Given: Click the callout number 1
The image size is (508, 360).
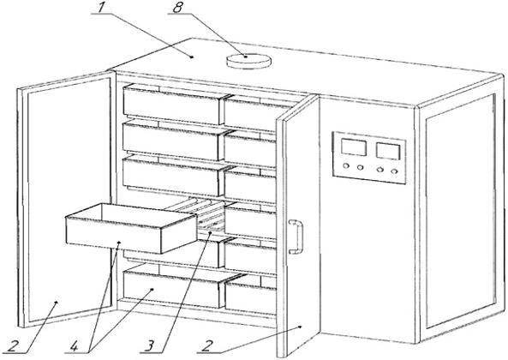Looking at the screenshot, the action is coord(101,7).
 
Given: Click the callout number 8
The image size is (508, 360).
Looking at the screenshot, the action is coord(178,7).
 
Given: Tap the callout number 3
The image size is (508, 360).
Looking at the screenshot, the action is coord(149,345).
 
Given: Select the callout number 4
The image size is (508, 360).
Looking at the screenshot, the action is coord(74,346).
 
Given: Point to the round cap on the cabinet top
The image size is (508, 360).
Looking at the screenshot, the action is coord(248,61).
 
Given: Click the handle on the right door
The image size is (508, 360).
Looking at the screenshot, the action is coord(296,237).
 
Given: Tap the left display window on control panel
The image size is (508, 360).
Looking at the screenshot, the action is coord(354,147).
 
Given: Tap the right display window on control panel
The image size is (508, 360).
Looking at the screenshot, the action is coord(388,151).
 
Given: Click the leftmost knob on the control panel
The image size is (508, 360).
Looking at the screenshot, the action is coord(346,166).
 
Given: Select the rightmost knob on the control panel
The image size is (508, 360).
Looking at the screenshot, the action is coord(394,171).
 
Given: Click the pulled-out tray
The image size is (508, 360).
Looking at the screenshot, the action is coord(131,228).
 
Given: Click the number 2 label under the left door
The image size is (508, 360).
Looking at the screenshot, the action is coord(13,346).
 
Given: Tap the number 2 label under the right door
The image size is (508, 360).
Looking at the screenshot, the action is coord(207,346).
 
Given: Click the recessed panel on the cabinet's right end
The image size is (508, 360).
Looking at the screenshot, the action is coord(461,211).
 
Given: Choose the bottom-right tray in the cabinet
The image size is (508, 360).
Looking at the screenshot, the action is coord(250,294).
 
